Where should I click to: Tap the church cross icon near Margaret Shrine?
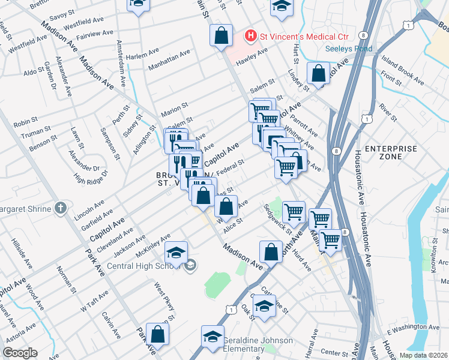click(x=59, y=208)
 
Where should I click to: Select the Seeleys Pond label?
click(x=348, y=49)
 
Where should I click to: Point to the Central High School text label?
click(x=144, y=266)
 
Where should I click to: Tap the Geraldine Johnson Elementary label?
click(x=258, y=345)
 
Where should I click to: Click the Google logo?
click(x=20, y=353)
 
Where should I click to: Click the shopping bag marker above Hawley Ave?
click(x=221, y=35)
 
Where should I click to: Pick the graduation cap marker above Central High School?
click(x=176, y=253)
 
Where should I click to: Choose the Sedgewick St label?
click(x=277, y=219)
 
